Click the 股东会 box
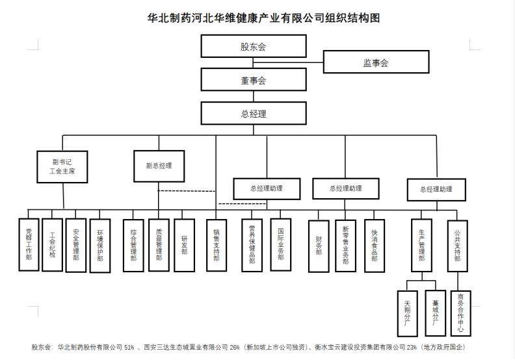click(x=253, y=46)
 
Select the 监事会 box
click(x=375, y=63)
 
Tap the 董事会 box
click(x=253, y=81)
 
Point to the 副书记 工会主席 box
click(x=62, y=166)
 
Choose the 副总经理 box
click(x=159, y=165)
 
